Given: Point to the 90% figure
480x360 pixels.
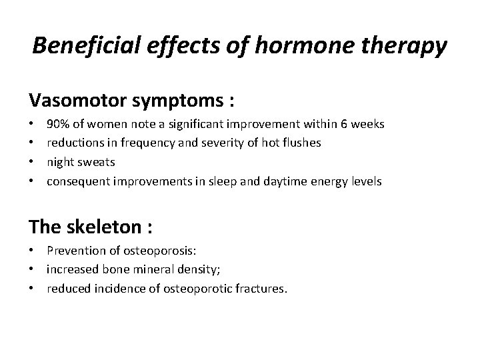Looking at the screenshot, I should [58, 124].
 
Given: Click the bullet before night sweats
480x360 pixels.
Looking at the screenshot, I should [32, 162].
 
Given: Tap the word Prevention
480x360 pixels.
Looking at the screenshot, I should [75, 251].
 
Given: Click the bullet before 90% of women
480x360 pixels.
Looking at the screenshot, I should [32, 124].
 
